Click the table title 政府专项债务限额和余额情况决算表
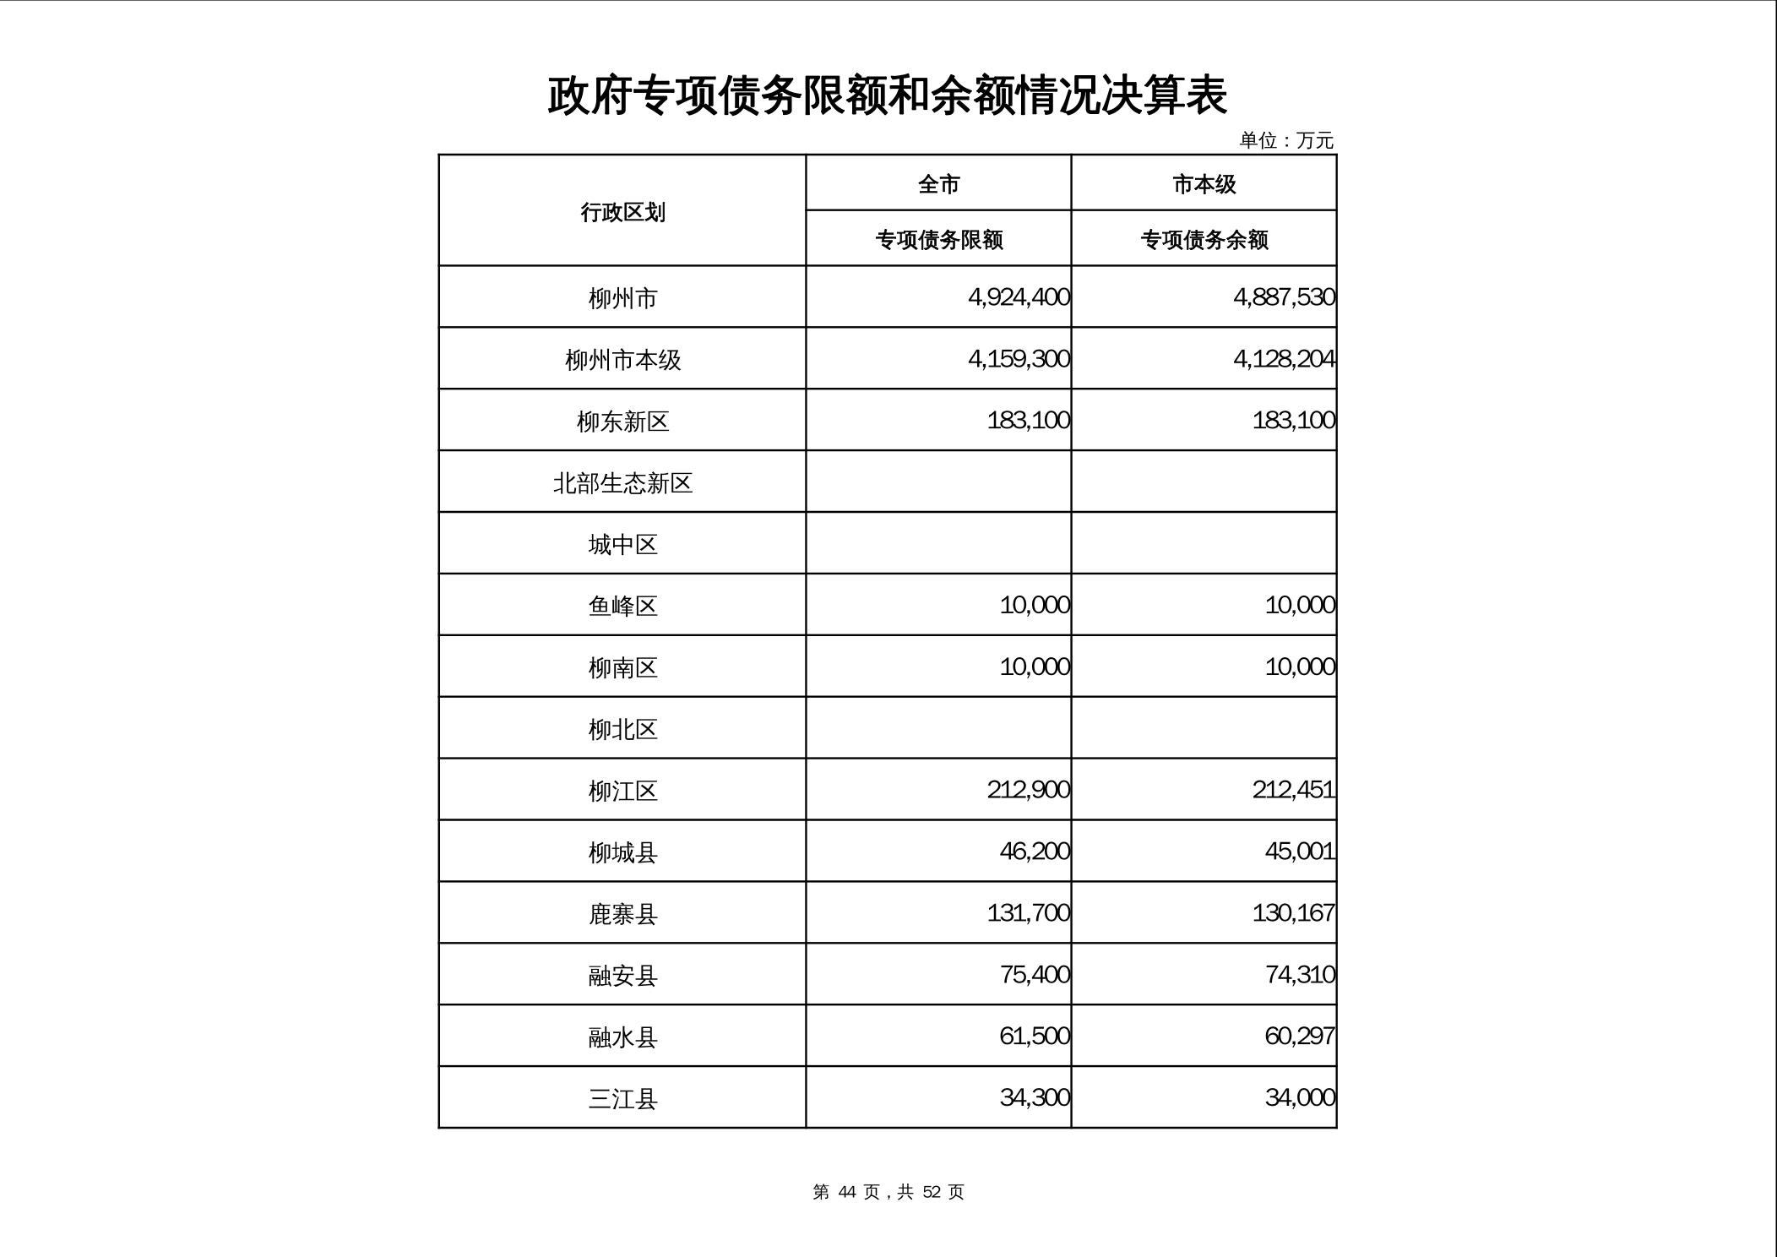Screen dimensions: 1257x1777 coord(887,95)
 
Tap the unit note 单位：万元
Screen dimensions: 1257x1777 coord(1285,140)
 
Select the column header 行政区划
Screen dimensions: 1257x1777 coord(622,212)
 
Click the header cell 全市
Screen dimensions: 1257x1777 coord(938,184)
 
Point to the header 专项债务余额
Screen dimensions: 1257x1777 coord(1204,240)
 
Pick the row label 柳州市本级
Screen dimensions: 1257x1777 coord(622,360)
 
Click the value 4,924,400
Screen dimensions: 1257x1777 coord(1019,297)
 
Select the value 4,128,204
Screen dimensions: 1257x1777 coord(1284,359)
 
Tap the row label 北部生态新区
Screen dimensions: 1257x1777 coord(622,483)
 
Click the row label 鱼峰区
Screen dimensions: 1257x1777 coord(622,606)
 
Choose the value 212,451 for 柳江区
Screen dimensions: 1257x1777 coord(1293,790)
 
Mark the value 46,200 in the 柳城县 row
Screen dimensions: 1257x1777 coord(1035,851)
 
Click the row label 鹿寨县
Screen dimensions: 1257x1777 coord(622,914)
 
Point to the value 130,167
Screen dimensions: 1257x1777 coord(1293,913)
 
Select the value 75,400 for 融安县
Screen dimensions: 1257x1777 coord(1035,975)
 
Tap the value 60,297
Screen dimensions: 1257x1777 coord(1299,1036)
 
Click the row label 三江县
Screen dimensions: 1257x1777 coord(622,1099)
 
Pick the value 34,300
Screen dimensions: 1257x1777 coord(1035,1097)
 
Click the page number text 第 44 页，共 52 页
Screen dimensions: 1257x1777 coord(888,1192)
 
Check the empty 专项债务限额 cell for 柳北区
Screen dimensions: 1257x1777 coord(938,728)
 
